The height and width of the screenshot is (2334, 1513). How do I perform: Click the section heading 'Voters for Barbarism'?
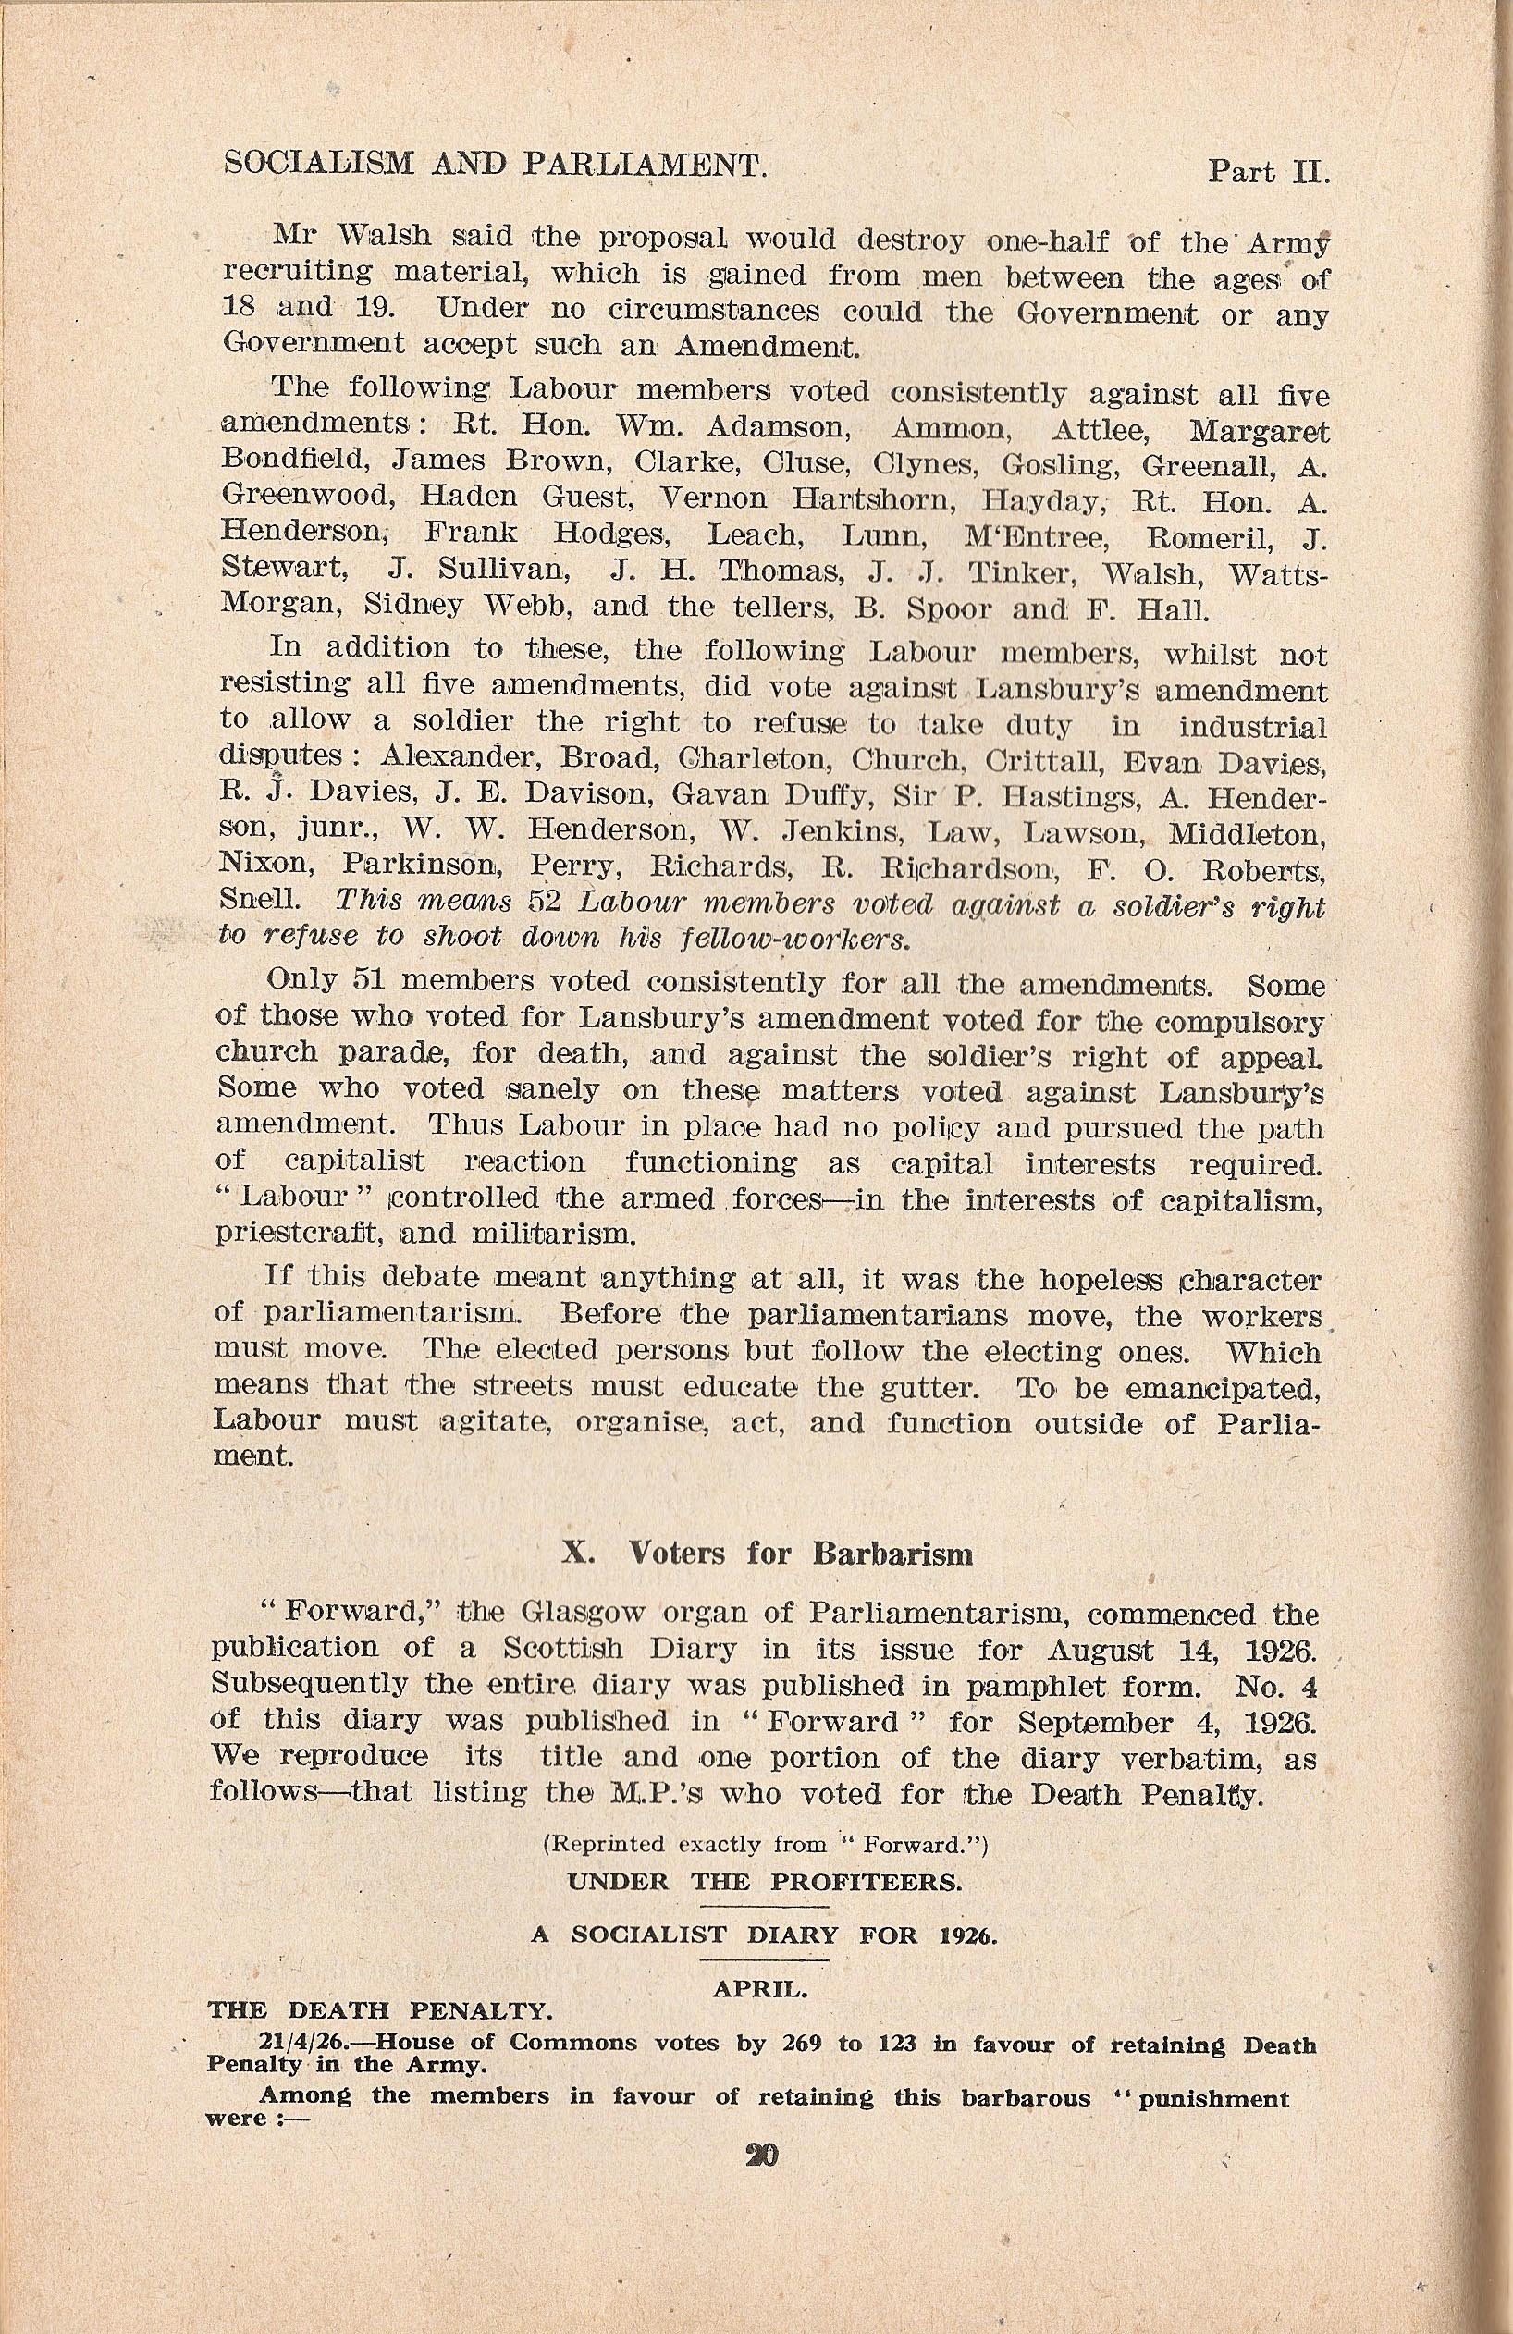pos(801,1554)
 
